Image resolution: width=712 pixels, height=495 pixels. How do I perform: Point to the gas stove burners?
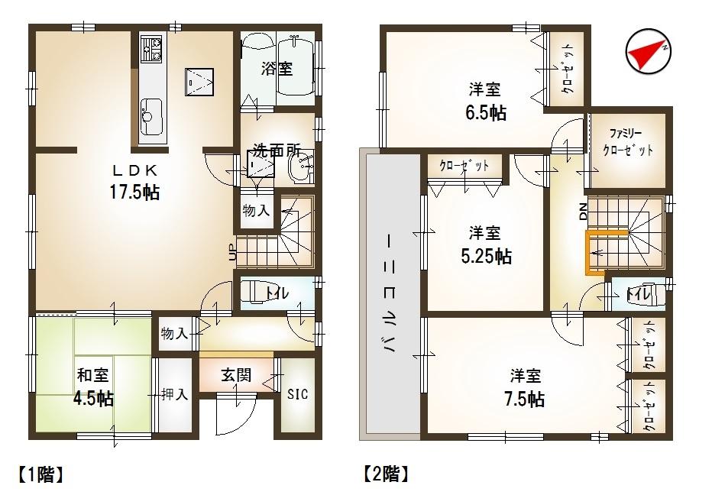(150, 50)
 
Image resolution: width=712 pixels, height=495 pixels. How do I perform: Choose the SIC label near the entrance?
(297, 395)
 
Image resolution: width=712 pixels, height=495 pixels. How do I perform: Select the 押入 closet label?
(174, 395)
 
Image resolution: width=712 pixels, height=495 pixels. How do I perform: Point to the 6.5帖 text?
(486, 112)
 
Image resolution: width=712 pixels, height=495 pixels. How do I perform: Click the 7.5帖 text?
(526, 398)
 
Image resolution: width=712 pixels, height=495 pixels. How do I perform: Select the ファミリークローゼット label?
(628, 141)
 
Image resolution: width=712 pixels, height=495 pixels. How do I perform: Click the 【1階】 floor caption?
(37, 474)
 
